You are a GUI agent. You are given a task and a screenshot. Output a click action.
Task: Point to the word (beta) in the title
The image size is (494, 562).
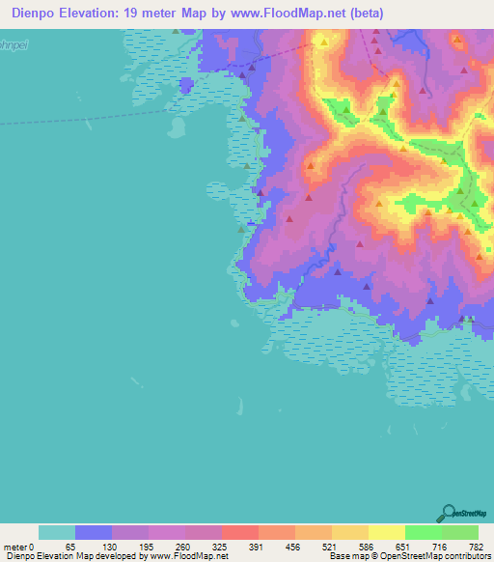tap(363, 14)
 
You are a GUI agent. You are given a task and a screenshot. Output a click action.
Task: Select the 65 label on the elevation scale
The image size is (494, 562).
tap(69, 547)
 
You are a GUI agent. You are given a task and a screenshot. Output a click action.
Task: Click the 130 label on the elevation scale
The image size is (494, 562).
tap(106, 547)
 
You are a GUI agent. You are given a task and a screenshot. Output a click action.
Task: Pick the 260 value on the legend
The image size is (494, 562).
tap(180, 547)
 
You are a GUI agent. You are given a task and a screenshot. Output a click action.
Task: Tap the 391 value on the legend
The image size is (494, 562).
tap(254, 547)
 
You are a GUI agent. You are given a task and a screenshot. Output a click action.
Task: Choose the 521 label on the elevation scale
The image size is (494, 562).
tap(327, 547)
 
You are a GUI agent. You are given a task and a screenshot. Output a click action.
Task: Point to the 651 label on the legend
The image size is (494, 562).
tap(400, 547)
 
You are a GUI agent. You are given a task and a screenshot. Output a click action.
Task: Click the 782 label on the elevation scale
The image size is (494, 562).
tap(474, 547)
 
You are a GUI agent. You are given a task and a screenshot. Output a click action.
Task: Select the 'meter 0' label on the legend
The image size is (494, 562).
tap(19, 547)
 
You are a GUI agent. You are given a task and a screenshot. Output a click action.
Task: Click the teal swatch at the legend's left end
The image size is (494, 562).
tap(57, 532)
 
